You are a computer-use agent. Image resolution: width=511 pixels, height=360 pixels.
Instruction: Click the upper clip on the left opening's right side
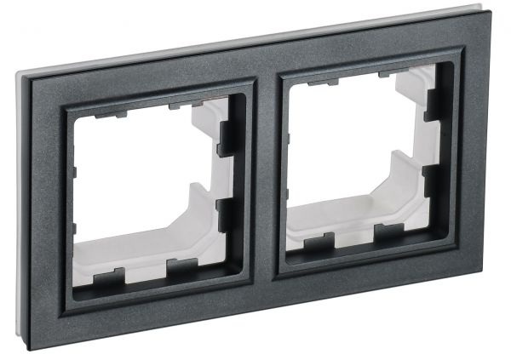(226, 137)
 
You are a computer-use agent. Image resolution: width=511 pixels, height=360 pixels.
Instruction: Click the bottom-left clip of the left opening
(111, 277)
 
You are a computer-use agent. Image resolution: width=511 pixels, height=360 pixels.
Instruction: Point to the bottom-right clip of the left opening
(181, 268)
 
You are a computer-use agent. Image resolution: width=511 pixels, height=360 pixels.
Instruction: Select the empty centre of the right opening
(349, 153)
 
